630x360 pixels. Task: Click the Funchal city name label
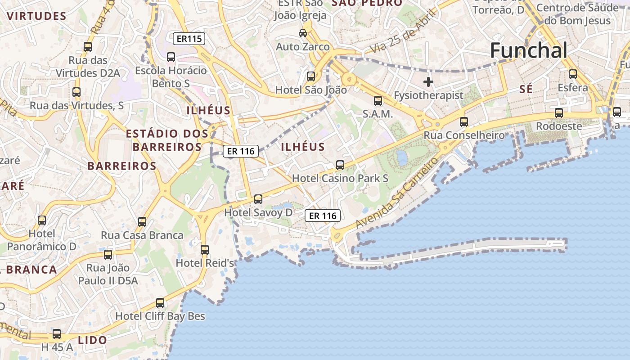(x=528, y=50)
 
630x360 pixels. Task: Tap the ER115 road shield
(x=189, y=39)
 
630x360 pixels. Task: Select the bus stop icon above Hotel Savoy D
(x=258, y=199)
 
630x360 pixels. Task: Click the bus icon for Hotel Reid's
(x=205, y=249)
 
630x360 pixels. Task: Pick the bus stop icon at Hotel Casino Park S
(x=340, y=165)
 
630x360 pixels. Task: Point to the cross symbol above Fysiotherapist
(x=428, y=82)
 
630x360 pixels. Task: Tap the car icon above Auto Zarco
(x=303, y=33)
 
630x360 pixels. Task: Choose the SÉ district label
(x=526, y=89)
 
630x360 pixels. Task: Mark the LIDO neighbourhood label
(x=92, y=340)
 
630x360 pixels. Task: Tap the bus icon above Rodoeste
(x=559, y=113)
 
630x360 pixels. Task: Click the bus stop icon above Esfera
(x=573, y=74)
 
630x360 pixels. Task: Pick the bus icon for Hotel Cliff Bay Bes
(x=160, y=303)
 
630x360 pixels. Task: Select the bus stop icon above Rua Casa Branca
(x=142, y=222)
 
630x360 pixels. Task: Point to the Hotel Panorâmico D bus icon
(x=42, y=220)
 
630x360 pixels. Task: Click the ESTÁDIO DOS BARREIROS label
(x=167, y=140)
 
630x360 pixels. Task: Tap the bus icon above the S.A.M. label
(x=378, y=101)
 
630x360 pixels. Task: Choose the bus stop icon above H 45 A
(x=57, y=334)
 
